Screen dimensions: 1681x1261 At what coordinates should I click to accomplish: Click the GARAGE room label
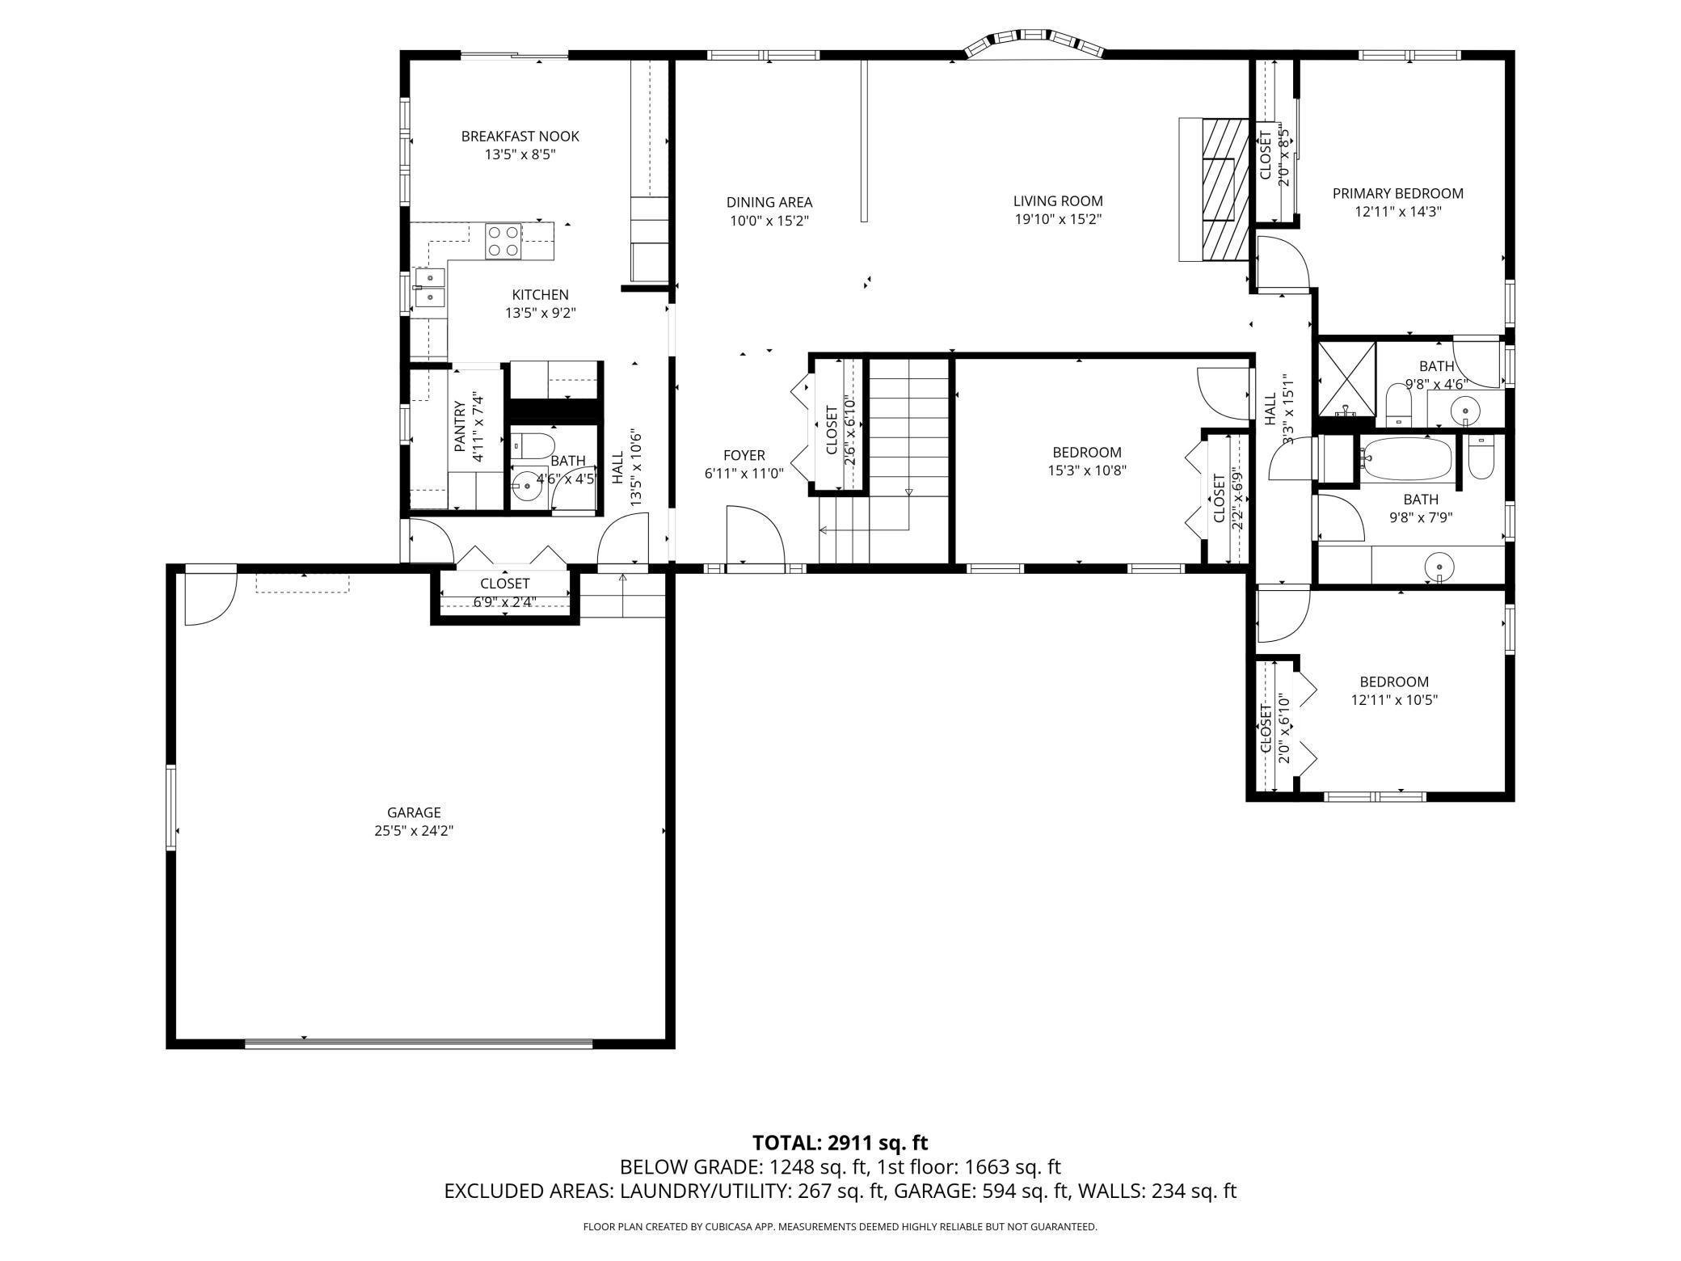coord(414,812)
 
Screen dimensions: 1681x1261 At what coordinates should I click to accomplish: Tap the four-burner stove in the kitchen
coord(502,241)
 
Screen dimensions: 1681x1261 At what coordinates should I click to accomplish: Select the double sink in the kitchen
coord(429,288)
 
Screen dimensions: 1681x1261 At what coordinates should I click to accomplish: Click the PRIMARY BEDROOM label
coord(1397,193)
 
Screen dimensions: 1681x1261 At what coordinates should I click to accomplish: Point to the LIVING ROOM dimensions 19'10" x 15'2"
coord(1058,219)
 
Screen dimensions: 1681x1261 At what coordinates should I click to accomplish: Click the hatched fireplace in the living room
coord(1219,190)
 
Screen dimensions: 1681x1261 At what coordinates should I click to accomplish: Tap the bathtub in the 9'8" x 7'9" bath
coord(1406,459)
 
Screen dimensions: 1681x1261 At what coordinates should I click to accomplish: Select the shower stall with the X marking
coord(1346,378)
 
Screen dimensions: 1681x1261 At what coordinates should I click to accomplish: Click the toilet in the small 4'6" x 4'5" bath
coord(533,445)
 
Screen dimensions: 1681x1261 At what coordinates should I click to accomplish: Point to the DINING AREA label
coord(769,202)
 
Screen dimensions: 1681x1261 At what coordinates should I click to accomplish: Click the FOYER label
coord(744,455)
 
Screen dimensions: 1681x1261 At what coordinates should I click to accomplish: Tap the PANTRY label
coord(459,426)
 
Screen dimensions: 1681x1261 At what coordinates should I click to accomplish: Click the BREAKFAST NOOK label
coord(520,136)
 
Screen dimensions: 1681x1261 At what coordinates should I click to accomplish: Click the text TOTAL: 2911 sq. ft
coord(840,1142)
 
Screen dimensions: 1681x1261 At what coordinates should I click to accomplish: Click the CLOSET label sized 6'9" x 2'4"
coord(505,583)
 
